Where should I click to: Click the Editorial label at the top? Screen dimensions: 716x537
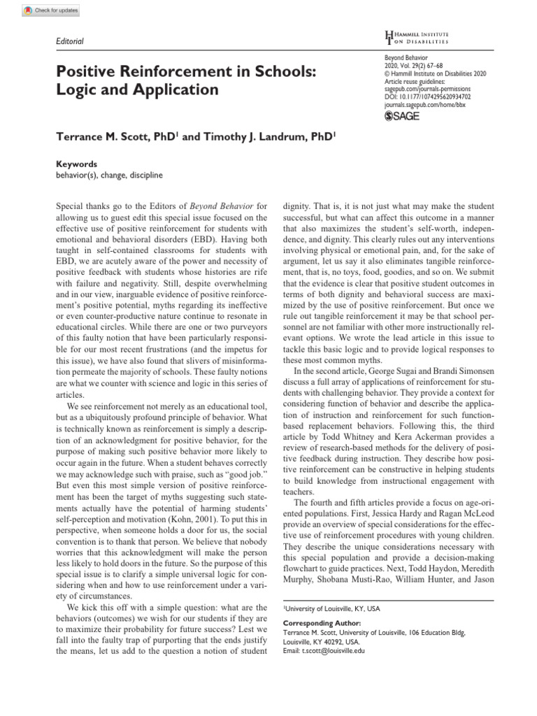coord(69,41)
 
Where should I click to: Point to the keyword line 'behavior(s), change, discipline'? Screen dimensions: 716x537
coord(108,176)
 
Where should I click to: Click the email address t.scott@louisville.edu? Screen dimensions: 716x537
coord(324,650)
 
